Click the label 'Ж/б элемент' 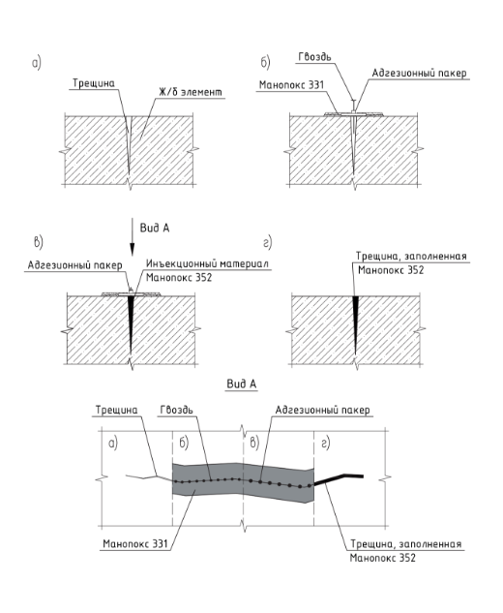[191, 91]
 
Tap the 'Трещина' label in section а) [94, 83]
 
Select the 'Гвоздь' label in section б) [314, 57]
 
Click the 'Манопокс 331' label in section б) [291, 85]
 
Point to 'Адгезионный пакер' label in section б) [419, 73]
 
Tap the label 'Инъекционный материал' [207, 263]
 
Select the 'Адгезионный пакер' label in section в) [75, 265]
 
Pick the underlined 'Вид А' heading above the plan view [242, 383]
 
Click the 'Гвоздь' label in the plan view [176, 410]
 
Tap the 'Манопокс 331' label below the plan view [135, 543]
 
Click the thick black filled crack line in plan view [339, 479]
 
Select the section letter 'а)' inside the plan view [113, 444]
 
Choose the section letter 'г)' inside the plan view [325, 444]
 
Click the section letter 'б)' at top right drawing [265, 63]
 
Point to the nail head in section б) [353, 101]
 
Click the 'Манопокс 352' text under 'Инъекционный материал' [179, 278]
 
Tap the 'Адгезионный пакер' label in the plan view [322, 410]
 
